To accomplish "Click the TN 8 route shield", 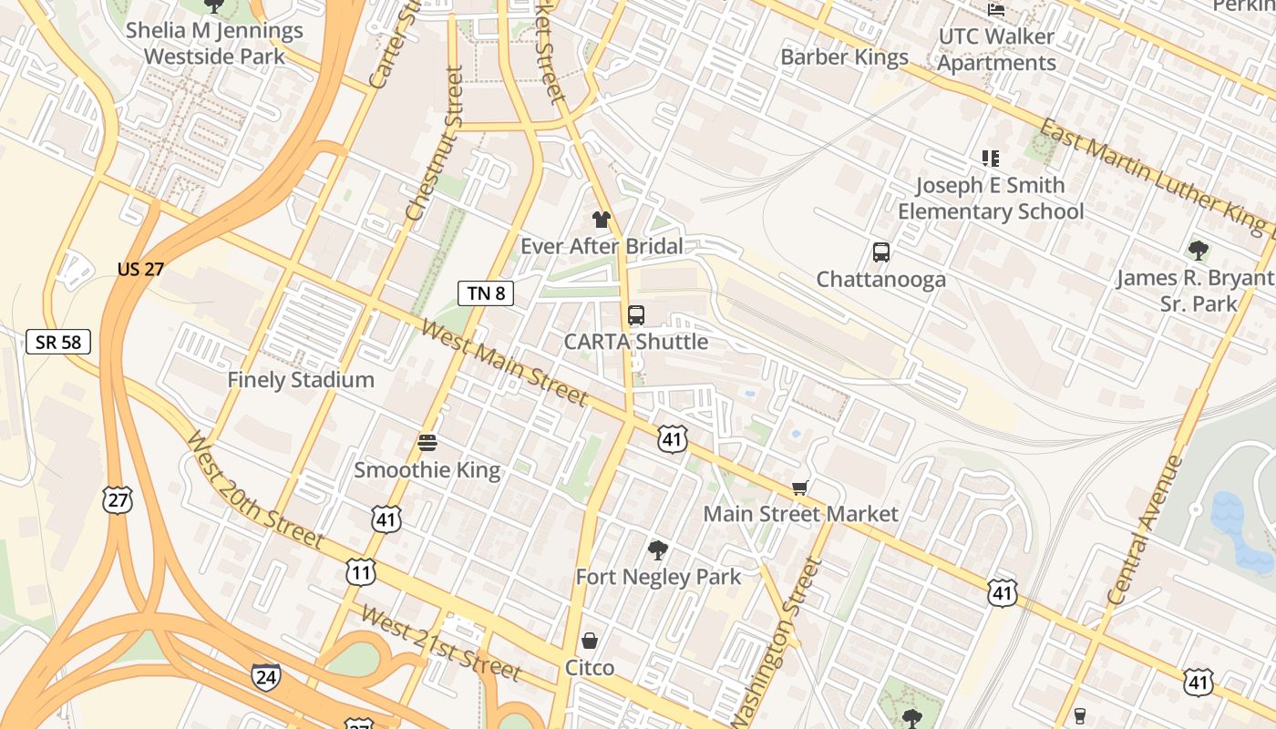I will click(x=486, y=293).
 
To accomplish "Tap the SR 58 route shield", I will click(x=58, y=342).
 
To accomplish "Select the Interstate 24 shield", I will click(x=265, y=676).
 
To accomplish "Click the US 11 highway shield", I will click(x=361, y=571).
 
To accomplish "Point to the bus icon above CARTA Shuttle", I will click(x=636, y=315).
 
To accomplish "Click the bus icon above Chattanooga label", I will click(x=880, y=252).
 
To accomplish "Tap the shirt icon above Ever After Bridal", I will click(x=601, y=219).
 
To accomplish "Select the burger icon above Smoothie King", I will click(x=427, y=443).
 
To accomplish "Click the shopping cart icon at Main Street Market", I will click(x=800, y=488).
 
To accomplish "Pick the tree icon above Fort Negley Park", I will click(x=657, y=549).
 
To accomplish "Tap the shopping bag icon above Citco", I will click(x=590, y=641).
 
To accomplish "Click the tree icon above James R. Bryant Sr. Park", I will click(x=1199, y=251).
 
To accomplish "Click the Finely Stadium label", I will click(x=301, y=379).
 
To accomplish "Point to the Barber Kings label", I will click(x=844, y=56).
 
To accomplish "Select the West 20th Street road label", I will click(x=254, y=490).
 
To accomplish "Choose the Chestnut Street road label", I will click(x=435, y=144).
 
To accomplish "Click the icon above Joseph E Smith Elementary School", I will click(x=991, y=159).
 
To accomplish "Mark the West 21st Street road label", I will click(x=441, y=642).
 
